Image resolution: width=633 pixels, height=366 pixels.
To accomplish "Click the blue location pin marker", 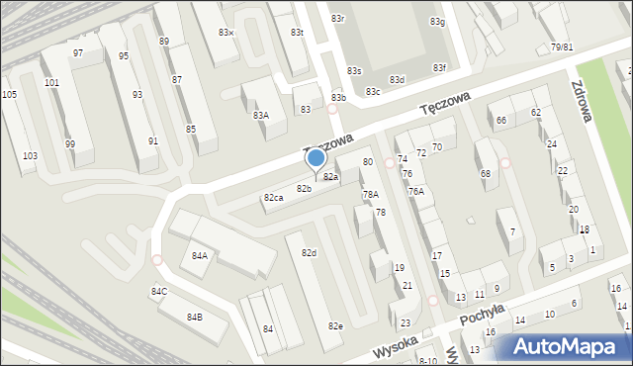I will click(x=316, y=158).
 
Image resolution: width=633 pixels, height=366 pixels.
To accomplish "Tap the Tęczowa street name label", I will click(x=441, y=100).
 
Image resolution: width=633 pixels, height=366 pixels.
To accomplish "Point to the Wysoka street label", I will click(x=397, y=347).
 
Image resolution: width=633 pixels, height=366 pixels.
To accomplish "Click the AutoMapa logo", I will click(x=569, y=347).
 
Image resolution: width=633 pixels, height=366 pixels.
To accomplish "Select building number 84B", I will click(x=194, y=317).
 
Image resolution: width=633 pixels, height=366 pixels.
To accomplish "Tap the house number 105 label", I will click(x=9, y=94).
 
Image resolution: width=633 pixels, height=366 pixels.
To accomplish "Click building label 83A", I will click(x=260, y=116).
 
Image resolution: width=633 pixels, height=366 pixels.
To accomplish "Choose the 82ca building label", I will click(x=273, y=198).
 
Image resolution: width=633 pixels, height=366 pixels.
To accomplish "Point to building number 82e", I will click(x=335, y=325).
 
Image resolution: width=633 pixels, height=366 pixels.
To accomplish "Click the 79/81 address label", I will click(x=562, y=47).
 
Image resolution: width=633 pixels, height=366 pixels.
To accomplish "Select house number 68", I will click(x=486, y=174).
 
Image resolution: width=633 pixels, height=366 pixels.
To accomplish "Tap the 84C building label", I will click(x=158, y=291).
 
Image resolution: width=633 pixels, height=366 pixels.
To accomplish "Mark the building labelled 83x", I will click(x=226, y=33).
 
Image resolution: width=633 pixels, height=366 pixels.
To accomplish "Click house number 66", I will click(x=501, y=121).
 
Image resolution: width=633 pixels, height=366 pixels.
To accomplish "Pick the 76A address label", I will click(x=416, y=191).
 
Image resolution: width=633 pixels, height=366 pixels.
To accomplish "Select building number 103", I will click(x=31, y=156).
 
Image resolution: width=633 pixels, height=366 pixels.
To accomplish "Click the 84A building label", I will click(x=199, y=255).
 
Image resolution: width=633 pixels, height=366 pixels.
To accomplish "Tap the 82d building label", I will click(x=309, y=253).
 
